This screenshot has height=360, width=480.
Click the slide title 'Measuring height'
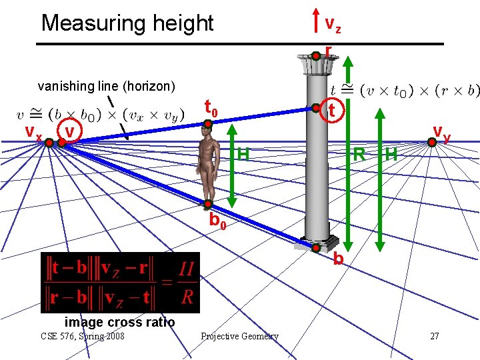[x=127, y=23]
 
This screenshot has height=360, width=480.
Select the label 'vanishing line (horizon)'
[x=107, y=86]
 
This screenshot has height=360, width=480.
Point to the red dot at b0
[x=208, y=204]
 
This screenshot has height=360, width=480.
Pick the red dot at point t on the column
[x=315, y=107]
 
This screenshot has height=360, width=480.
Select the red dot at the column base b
[x=317, y=246]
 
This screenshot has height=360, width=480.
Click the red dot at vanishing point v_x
[x=49, y=141]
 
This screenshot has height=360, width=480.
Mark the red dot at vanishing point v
[x=58, y=141]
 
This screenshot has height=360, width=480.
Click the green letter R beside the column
[x=359, y=155]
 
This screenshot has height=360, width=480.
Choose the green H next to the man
[x=243, y=155]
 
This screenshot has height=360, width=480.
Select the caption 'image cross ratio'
[x=120, y=322]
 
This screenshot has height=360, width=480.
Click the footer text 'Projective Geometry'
[x=239, y=336]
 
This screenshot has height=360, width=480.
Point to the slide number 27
[x=434, y=336]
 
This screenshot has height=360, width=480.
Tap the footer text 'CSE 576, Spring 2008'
[x=82, y=336]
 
